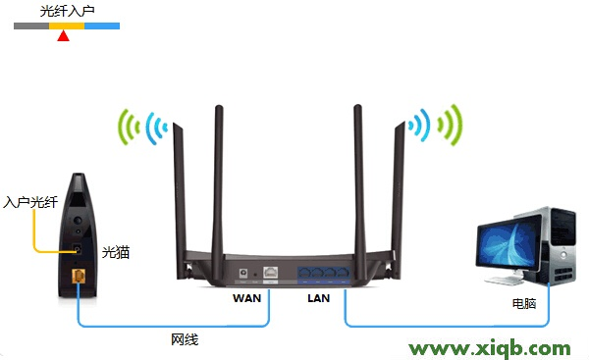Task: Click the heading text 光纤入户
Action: (68, 13)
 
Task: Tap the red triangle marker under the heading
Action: (64, 37)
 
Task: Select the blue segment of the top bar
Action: (102, 26)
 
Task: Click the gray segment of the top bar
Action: (30, 26)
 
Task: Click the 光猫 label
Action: (117, 252)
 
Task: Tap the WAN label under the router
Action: (247, 296)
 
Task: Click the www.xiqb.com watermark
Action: (489, 348)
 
